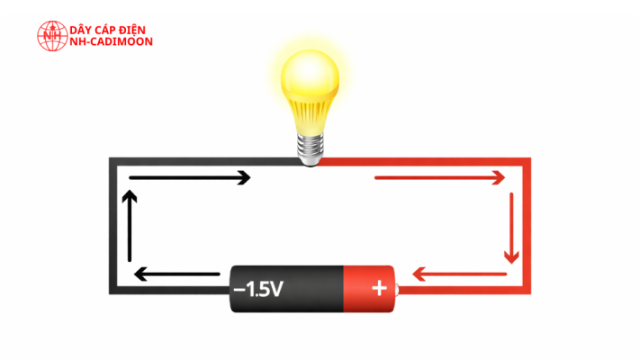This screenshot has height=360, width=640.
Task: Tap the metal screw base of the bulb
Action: pyautogui.click(x=311, y=150)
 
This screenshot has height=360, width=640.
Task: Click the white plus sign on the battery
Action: pyautogui.click(x=379, y=288)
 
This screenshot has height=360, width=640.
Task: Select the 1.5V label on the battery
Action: pyautogui.click(x=265, y=289)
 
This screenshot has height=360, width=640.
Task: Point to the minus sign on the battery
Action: pyautogui.click(x=239, y=290)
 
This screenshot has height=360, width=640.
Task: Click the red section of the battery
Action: pyautogui.click(x=369, y=289)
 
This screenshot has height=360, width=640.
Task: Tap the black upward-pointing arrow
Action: pyautogui.click(x=130, y=226)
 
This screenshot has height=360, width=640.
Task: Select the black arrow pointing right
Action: pyautogui.click(x=190, y=177)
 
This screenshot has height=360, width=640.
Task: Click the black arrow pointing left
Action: pyautogui.click(x=176, y=274)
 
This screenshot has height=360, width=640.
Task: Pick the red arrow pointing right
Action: pyautogui.click(x=440, y=177)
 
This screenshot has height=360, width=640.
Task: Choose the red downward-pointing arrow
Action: pyautogui.click(x=511, y=229)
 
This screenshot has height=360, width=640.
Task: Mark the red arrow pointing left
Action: pyautogui.click(x=460, y=274)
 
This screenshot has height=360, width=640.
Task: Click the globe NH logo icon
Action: pyautogui.click(x=52, y=36)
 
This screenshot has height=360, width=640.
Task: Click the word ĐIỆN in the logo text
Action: pyautogui.click(x=131, y=30)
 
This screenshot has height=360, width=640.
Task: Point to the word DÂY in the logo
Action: pyautogui.click(x=80, y=30)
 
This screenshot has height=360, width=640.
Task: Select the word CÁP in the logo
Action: pyautogui.click(x=103, y=30)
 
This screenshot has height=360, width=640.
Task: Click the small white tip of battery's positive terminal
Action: pyautogui.click(x=397, y=290)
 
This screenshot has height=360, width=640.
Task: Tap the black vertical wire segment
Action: pyautogui.click(x=113, y=226)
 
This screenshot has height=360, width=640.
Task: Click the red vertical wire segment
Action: pyautogui.click(x=527, y=226)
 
